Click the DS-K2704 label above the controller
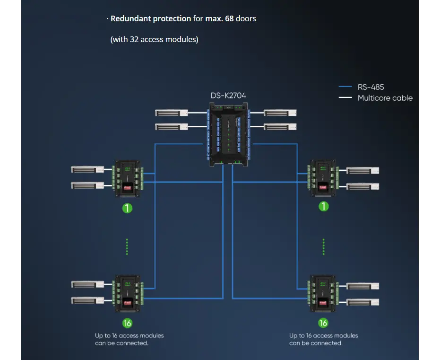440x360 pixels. [x=228, y=96]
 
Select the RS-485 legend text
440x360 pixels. [x=371, y=87]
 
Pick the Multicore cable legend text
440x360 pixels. [x=385, y=98]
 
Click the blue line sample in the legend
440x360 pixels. [x=345, y=87]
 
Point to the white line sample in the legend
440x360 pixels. [x=345, y=98]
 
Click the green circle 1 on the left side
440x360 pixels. [x=127, y=207]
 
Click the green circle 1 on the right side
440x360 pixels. [x=323, y=206]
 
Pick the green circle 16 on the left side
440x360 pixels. [x=127, y=323]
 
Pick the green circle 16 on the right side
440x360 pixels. [x=323, y=323]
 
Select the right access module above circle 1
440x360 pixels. [x=323, y=178]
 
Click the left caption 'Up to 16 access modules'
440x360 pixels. [x=129, y=335]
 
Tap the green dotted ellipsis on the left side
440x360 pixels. [x=127, y=246]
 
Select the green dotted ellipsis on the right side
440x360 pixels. [x=323, y=246]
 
